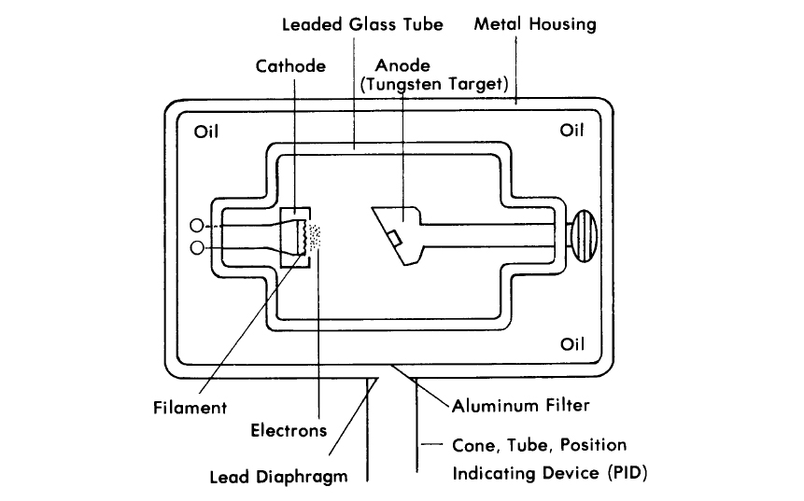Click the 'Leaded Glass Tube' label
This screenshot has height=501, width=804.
(x=362, y=24)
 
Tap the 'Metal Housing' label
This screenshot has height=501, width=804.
(x=535, y=24)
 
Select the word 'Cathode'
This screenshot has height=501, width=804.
(x=290, y=66)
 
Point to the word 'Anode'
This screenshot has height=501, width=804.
(x=402, y=65)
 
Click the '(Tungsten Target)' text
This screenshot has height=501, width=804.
(x=434, y=84)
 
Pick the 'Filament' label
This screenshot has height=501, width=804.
(x=190, y=408)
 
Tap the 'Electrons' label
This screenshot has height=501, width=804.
(x=289, y=430)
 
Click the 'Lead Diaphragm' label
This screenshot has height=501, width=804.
(x=278, y=477)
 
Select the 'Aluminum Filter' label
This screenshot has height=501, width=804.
(x=520, y=406)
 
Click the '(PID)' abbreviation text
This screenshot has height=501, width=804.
(x=628, y=472)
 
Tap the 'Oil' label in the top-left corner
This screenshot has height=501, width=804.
(x=206, y=132)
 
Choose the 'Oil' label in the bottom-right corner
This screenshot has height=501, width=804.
(x=572, y=343)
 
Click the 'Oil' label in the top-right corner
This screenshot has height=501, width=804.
(x=571, y=130)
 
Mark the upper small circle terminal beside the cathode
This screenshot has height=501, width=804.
(x=196, y=226)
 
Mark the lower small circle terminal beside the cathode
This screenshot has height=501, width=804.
(x=197, y=248)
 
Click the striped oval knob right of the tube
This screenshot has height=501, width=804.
(x=584, y=236)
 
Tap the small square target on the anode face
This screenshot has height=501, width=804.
(x=394, y=238)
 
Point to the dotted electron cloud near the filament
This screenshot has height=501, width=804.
(x=315, y=237)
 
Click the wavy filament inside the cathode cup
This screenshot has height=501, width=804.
(x=305, y=236)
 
